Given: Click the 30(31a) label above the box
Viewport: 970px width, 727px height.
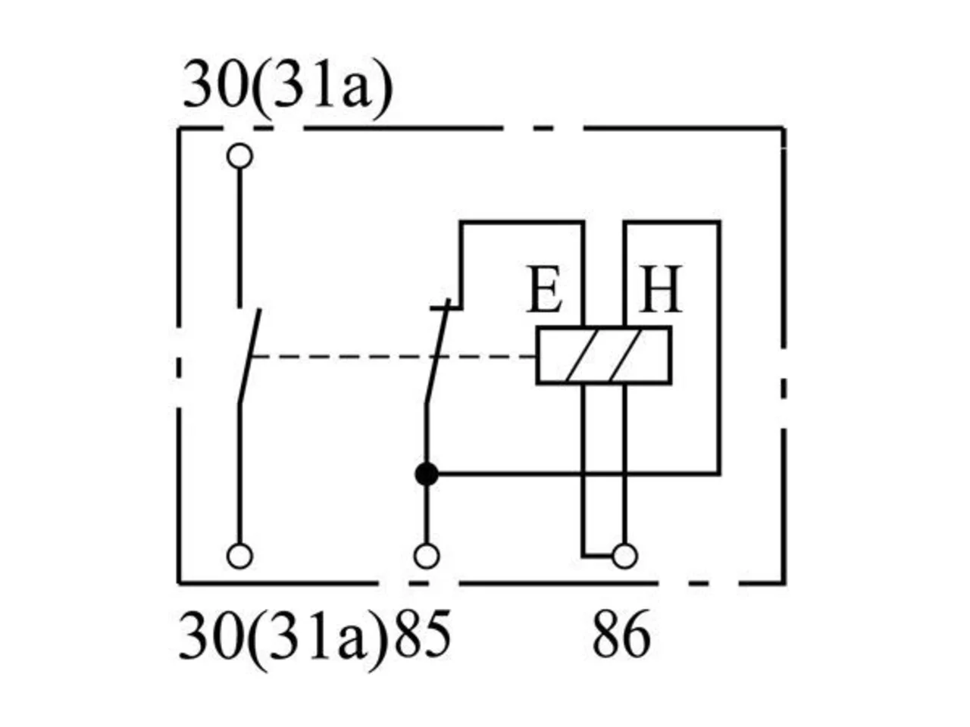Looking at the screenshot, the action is point(287,89).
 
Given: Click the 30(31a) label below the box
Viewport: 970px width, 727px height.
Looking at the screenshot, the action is point(283,640).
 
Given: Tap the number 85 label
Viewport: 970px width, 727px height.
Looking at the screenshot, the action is point(422,635).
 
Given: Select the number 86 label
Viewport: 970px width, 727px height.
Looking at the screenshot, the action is point(621,635).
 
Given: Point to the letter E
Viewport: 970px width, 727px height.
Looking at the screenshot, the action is point(544,289).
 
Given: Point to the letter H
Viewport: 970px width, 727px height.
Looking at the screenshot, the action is point(661,289).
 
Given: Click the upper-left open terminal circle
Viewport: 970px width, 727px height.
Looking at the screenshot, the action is point(240,156).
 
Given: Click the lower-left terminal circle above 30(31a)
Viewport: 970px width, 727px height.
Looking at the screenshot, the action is point(240,556).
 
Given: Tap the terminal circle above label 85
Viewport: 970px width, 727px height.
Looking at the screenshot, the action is point(427,556).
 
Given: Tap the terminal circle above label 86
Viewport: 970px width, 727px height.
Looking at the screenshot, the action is point(625,556).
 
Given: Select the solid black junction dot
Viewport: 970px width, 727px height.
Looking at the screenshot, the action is point(427,474).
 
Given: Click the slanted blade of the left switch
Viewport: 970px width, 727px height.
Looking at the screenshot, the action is point(249,356).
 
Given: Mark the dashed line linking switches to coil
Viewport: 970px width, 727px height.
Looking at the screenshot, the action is point(393,356).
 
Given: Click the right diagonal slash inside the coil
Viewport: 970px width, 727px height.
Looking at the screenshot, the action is point(626,355).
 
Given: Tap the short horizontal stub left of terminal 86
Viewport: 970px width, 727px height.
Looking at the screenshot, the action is point(597,556).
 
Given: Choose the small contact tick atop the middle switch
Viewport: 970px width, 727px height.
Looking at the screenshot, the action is point(446,307).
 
